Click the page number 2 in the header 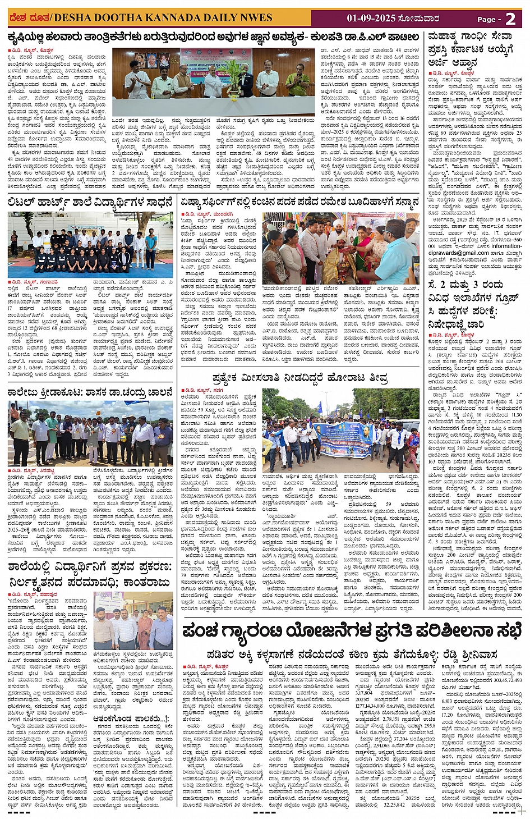coord(510,19)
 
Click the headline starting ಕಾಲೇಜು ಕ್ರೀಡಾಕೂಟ coord(90,393)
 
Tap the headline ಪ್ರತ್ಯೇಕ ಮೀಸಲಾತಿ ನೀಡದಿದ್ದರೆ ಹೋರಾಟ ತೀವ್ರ coord(299,378)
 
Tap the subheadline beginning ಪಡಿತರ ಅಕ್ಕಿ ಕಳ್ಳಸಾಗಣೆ coord(352,655)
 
